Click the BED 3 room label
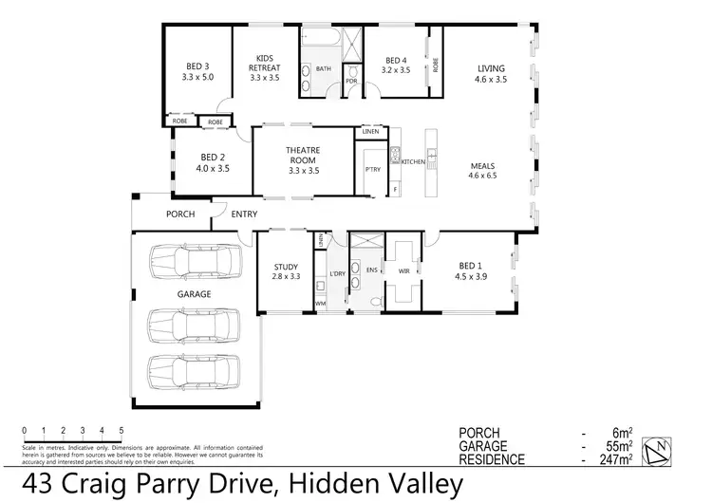(197, 66)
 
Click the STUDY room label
(286, 267)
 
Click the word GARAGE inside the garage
(193, 294)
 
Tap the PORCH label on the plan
(180, 214)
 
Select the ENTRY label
(244, 214)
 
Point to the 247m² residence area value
(613, 459)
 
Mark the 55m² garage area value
(616, 445)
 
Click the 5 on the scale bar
(122, 431)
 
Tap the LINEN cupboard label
(369, 132)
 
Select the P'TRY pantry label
(372, 169)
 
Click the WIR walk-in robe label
(403, 270)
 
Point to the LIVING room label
(491, 68)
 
